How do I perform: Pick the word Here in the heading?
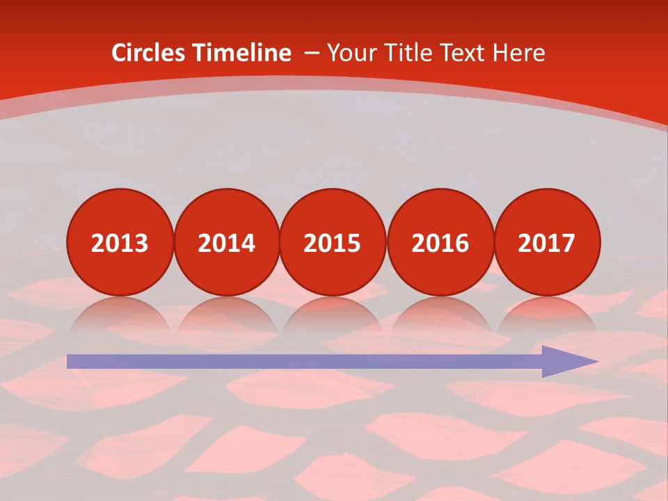(518, 53)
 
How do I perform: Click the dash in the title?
(312, 53)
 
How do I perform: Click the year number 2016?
(440, 243)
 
